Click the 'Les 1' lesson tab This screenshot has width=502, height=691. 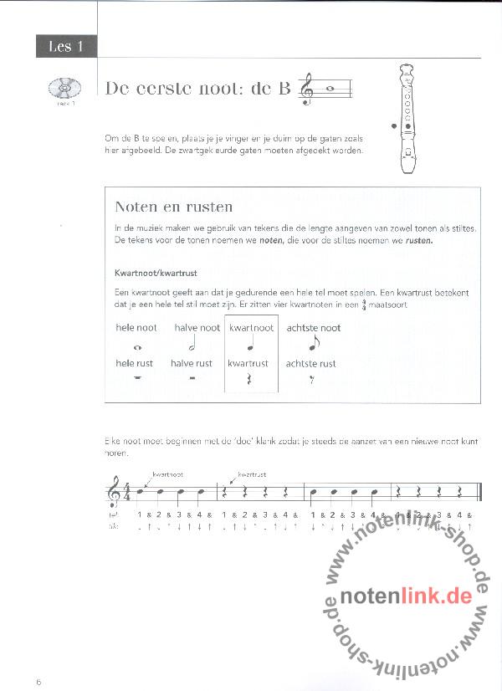pos(66,47)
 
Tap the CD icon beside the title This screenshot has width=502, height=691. pos(64,87)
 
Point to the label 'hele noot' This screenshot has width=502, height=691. pos(136,328)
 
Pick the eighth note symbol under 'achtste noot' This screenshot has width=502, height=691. pos(313,344)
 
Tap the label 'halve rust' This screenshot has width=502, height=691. pos(192,363)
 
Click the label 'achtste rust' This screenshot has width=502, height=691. pos(310,363)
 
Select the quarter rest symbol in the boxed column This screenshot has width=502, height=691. pos(251,381)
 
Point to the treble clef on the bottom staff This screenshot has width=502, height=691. pos(114,494)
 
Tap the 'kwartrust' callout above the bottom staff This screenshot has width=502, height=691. pos(253,473)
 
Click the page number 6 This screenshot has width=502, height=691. pos(39,682)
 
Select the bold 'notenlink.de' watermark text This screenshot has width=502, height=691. pos(407,596)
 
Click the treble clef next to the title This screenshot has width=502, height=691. pos(309,89)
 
